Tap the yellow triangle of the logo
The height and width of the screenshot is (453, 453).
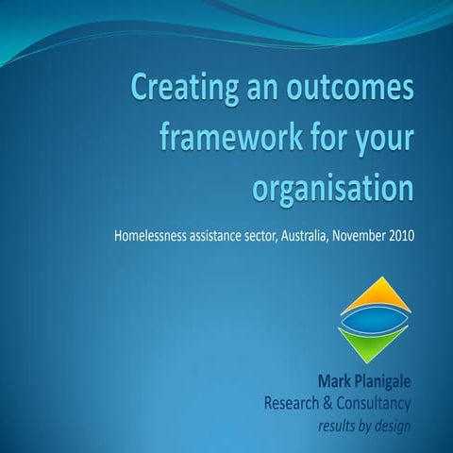click(375, 293)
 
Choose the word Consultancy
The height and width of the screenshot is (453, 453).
click(379, 404)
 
